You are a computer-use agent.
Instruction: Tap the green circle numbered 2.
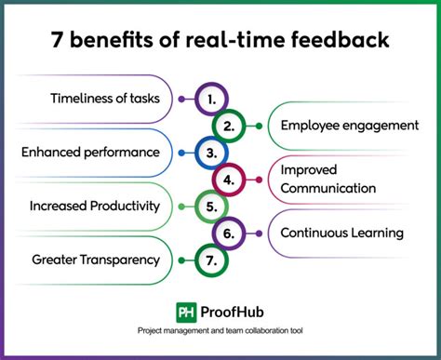tap(229, 124)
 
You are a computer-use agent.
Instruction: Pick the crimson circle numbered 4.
tap(229, 178)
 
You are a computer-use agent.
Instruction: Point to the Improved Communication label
tap(327, 179)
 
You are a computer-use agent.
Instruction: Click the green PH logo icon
tap(186, 312)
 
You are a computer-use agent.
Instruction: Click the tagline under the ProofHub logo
tap(220, 332)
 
